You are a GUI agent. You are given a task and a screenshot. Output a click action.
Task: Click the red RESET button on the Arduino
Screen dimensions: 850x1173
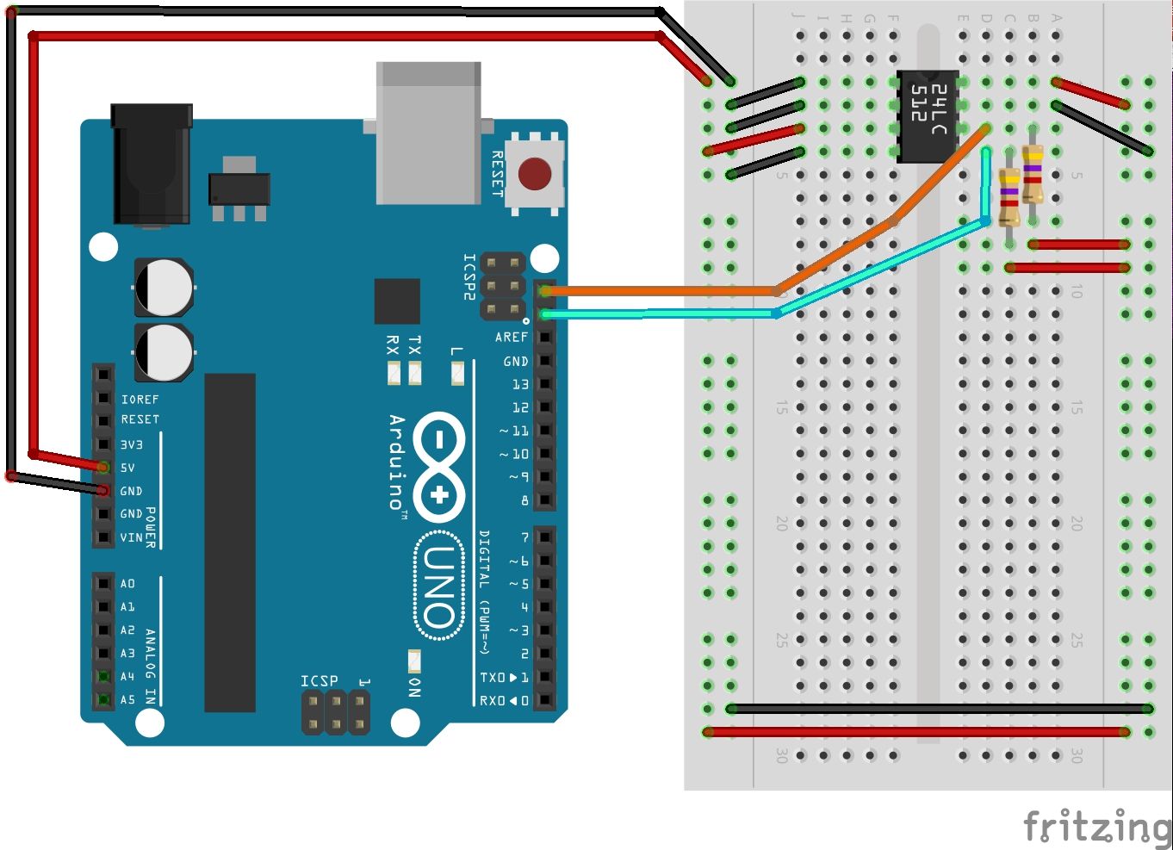tap(535, 174)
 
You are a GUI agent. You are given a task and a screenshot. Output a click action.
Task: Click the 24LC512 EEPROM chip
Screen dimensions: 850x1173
tap(928, 115)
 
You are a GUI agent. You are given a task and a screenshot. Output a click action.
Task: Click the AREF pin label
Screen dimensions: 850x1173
tap(511, 338)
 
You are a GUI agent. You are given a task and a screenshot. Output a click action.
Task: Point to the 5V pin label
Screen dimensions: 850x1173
tap(127, 468)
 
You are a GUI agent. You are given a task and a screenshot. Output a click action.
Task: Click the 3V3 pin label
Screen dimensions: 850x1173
tap(131, 444)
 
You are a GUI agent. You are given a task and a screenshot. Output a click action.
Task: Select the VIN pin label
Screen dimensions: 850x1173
tap(131, 537)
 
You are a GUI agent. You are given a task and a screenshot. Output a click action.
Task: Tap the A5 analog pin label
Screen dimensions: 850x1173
tap(127, 699)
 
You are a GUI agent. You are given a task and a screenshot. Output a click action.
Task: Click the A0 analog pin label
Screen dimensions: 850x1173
tap(127, 584)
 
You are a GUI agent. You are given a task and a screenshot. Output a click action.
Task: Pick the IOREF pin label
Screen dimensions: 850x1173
tap(140, 400)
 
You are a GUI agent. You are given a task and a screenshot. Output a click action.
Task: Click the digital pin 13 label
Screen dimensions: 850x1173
tap(520, 384)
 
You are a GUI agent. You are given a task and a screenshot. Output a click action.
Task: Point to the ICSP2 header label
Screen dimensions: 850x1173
tap(469, 276)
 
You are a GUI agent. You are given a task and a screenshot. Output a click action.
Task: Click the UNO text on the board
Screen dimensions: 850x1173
tap(438, 586)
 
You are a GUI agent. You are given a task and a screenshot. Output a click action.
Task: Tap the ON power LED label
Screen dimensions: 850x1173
tap(414, 686)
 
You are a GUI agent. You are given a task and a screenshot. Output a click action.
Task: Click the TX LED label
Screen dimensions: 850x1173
tap(414, 346)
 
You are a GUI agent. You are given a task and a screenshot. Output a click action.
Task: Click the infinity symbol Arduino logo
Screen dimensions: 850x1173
tap(439, 468)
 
